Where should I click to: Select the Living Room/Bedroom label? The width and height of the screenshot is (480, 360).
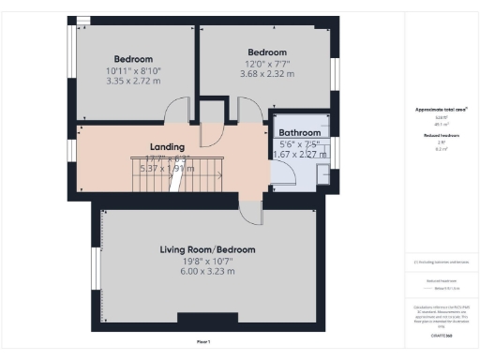(x=207, y=249)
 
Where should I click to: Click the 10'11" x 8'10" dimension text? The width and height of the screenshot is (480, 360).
(x=133, y=69)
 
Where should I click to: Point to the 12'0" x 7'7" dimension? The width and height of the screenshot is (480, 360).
(x=267, y=64)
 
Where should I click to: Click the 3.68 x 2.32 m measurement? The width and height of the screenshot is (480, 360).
(x=267, y=75)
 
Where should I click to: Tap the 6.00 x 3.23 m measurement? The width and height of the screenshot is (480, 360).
(x=207, y=271)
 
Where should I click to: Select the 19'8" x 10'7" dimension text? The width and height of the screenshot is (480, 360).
(x=207, y=261)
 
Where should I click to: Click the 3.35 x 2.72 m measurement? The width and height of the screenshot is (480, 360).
(x=133, y=81)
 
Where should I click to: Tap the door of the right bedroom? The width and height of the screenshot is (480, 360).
(x=249, y=112)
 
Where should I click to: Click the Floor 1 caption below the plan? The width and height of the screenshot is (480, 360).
(x=203, y=340)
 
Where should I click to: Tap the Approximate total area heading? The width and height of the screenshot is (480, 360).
(x=441, y=110)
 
